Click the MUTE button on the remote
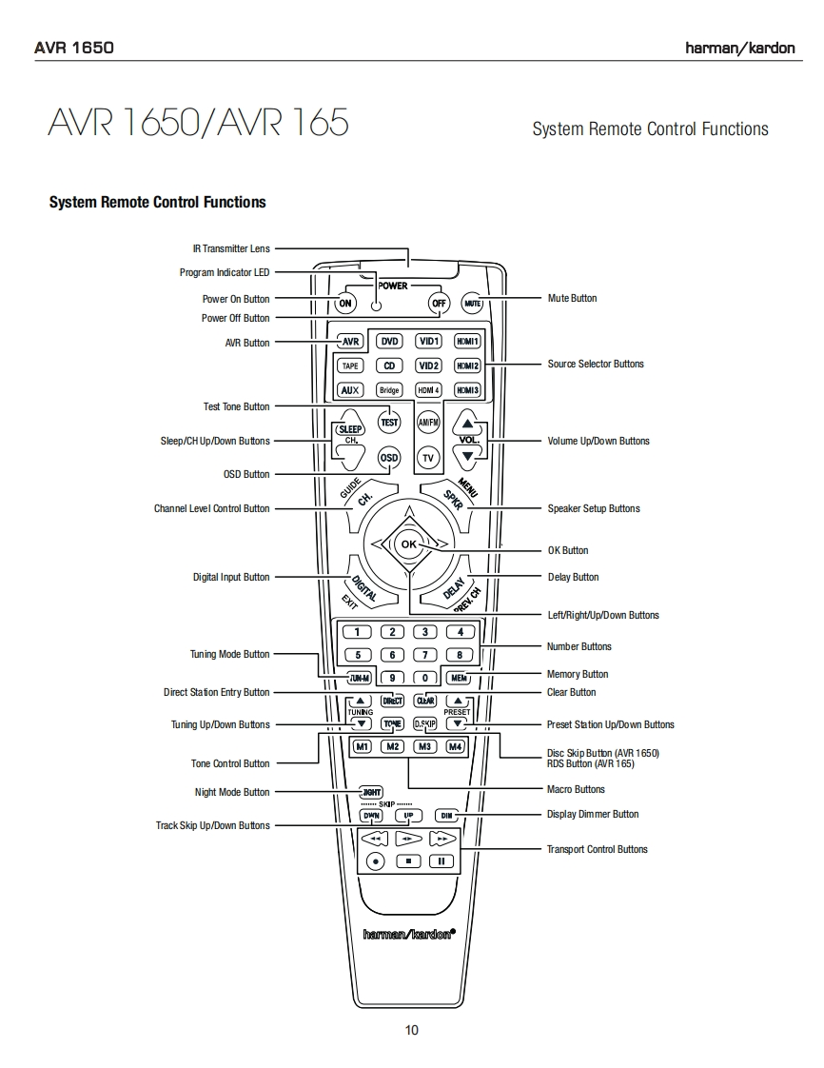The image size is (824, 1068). pyautogui.click(x=473, y=304)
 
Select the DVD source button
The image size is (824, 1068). pyautogui.click(x=389, y=341)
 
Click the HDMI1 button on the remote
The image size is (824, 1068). pyautogui.click(x=467, y=341)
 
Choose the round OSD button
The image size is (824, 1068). pyautogui.click(x=389, y=457)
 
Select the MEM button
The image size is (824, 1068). pyautogui.click(x=460, y=679)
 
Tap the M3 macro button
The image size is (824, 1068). pyautogui.click(x=425, y=746)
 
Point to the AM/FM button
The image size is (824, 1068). pyautogui.click(x=428, y=422)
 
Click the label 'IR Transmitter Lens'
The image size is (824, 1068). pyautogui.click(x=231, y=249)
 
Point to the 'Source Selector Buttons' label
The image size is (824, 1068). pyautogui.click(x=596, y=364)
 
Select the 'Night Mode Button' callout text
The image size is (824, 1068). pyautogui.click(x=232, y=792)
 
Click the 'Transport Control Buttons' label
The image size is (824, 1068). pyautogui.click(x=597, y=849)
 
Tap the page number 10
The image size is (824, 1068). pyautogui.click(x=411, y=1030)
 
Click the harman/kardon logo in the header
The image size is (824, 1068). pyautogui.click(x=740, y=49)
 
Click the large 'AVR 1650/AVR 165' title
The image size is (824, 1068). pyautogui.click(x=198, y=123)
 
